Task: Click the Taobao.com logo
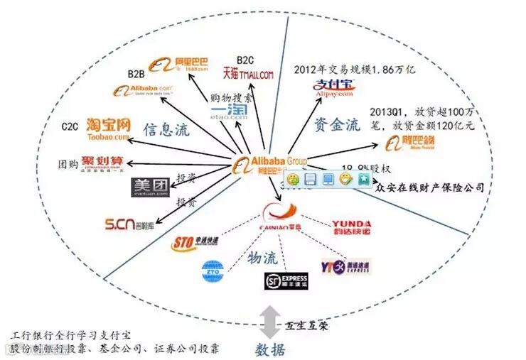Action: point(109,128)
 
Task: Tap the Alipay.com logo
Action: point(334,90)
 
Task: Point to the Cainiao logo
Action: point(282,216)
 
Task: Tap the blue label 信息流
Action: point(167,130)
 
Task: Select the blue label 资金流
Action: point(334,125)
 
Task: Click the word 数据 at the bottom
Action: point(271,349)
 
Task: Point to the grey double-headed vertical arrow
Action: point(269,324)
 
